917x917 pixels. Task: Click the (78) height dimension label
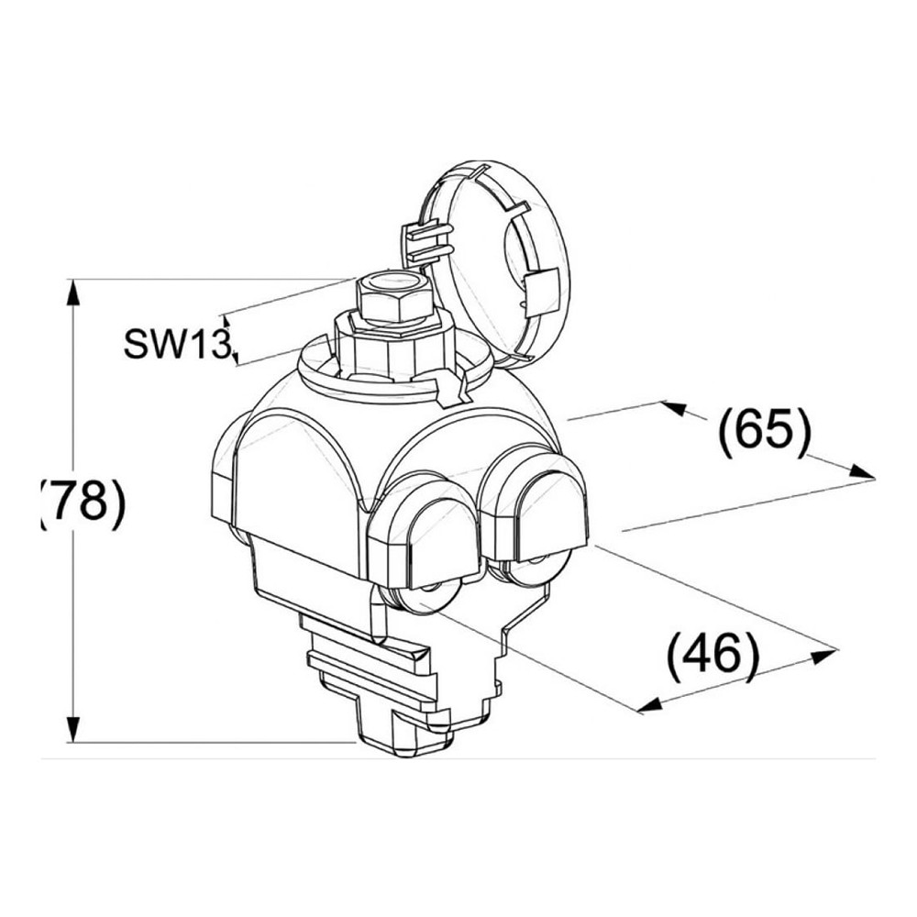coord(83,503)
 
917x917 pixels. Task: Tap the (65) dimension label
coord(765,434)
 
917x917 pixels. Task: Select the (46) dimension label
coord(713,655)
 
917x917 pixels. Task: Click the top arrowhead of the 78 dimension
coord(72,293)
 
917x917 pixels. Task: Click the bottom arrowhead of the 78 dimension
coord(72,729)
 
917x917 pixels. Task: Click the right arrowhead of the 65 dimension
coord(862,471)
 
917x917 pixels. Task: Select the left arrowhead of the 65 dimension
coord(674,407)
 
